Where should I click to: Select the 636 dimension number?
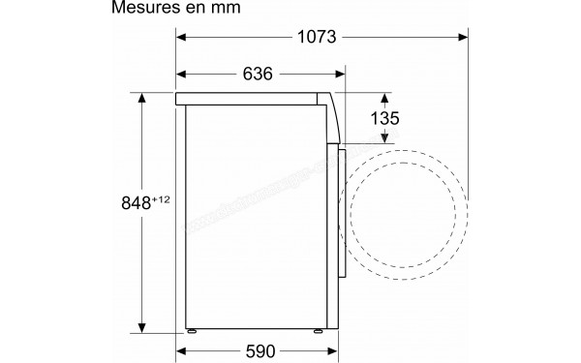point(257,75)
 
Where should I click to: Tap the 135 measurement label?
point(386,117)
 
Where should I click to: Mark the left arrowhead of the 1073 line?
point(181,38)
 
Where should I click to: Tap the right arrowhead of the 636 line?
point(340,75)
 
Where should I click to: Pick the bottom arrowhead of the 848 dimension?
point(141,327)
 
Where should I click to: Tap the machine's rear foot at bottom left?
point(193,331)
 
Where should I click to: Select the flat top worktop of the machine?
point(252,99)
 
